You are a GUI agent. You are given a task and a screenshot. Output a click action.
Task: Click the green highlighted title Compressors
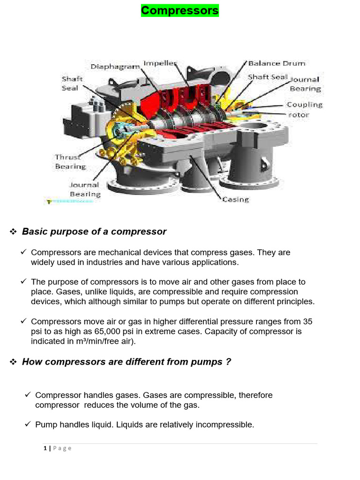[180, 10]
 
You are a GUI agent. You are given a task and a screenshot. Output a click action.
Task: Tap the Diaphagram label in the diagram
[115, 67]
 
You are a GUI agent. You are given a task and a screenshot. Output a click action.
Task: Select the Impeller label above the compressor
[160, 63]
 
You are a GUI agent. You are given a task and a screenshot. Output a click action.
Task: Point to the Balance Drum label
[277, 63]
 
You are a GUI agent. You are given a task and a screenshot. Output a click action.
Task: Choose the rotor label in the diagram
[298, 115]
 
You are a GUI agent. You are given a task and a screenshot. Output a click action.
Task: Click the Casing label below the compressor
[235, 199]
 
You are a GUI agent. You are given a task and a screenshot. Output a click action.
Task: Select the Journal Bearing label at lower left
[85, 189]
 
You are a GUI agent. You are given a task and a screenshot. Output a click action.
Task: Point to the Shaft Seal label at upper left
[72, 83]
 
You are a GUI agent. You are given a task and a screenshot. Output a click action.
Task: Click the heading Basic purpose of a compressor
[94, 232]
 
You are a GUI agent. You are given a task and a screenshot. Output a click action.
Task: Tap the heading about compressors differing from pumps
[127, 362]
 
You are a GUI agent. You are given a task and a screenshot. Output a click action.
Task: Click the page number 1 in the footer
[45, 448]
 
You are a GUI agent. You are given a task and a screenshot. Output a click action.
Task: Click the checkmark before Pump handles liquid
[28, 425]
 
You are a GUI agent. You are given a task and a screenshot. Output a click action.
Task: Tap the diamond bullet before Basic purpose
[13, 232]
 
